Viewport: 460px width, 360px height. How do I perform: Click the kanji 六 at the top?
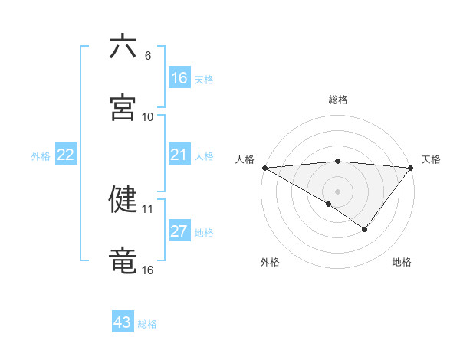[123, 47]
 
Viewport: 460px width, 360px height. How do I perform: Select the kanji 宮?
[123, 107]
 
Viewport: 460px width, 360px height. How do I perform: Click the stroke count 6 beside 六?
[148, 56]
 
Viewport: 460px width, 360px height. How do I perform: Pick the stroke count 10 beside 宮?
[148, 117]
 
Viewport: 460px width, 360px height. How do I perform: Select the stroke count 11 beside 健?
[148, 208]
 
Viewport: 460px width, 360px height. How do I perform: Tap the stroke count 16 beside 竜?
[148, 270]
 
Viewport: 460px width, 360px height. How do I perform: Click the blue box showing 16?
[179, 78]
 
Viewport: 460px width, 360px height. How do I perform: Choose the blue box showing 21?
[179, 155]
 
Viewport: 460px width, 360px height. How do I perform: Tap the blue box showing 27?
[179, 231]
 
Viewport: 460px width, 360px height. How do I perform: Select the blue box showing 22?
[66, 155]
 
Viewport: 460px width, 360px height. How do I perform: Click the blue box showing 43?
[123, 322]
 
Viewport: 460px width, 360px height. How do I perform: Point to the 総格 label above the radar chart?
[338, 100]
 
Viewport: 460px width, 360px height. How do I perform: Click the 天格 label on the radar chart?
[432, 159]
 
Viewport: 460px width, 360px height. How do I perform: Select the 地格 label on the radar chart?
[402, 262]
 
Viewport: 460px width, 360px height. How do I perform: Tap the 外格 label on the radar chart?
[270, 262]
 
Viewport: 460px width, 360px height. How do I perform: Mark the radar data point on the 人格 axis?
[264, 167]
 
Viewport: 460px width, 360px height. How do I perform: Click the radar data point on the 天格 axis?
[411, 167]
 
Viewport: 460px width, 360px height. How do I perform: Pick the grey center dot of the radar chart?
[338, 191]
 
